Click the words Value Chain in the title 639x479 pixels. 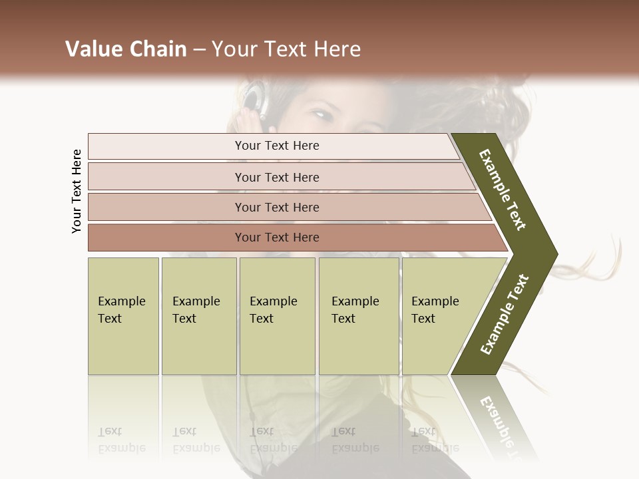126,49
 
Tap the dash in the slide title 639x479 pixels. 199,50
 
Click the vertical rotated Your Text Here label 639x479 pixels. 77,191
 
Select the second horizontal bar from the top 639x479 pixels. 276,177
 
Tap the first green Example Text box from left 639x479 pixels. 123,315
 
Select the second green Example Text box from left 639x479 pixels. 199,315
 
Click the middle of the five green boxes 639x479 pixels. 277,315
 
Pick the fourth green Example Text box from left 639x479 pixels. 359,315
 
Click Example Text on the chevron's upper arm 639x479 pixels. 503,190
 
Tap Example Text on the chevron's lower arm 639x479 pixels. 505,314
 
